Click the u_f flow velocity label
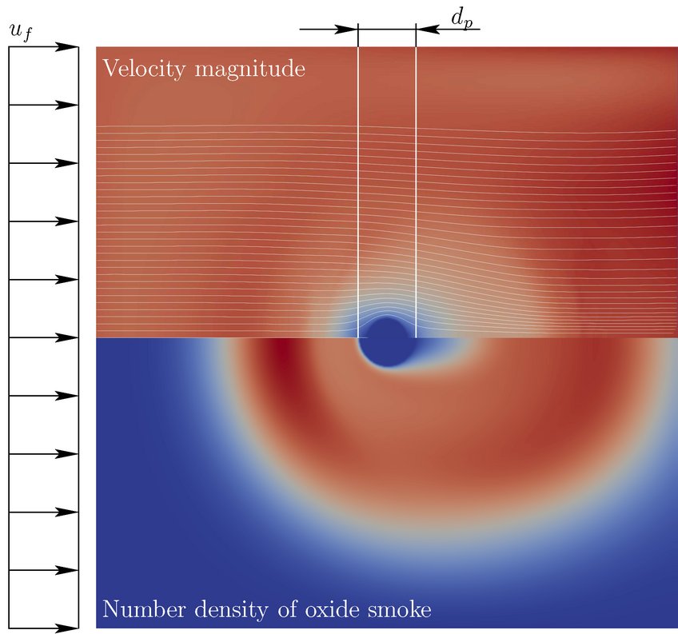pos(20,34)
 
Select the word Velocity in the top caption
pos(138,70)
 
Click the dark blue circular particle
pos(387,342)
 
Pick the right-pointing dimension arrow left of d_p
pos(329,30)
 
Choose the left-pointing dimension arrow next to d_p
pos(448,30)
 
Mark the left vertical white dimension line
pos(358,184)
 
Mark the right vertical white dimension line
pos(416,184)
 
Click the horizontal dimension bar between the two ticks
pos(387,30)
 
